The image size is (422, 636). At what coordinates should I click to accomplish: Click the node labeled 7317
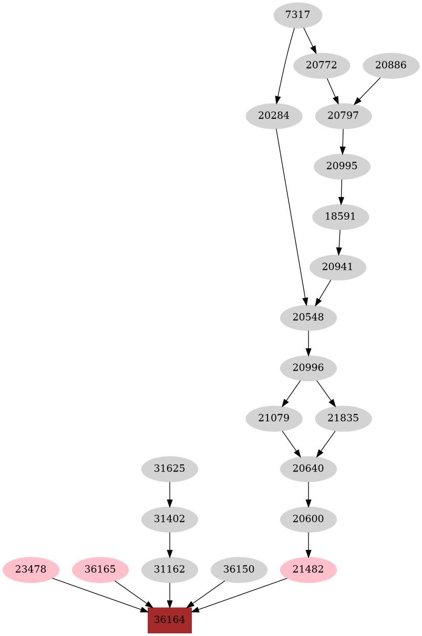(x=297, y=15)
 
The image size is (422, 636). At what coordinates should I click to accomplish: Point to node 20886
(x=391, y=66)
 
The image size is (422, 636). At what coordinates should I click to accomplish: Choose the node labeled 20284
(x=274, y=116)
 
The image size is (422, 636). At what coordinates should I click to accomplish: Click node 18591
(x=340, y=217)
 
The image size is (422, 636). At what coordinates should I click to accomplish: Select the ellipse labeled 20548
(x=308, y=318)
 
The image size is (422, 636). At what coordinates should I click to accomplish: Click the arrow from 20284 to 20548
(x=291, y=217)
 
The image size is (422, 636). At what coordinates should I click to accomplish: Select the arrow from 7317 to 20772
(x=310, y=40)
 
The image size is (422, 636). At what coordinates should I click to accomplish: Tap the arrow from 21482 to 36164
(x=239, y=595)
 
